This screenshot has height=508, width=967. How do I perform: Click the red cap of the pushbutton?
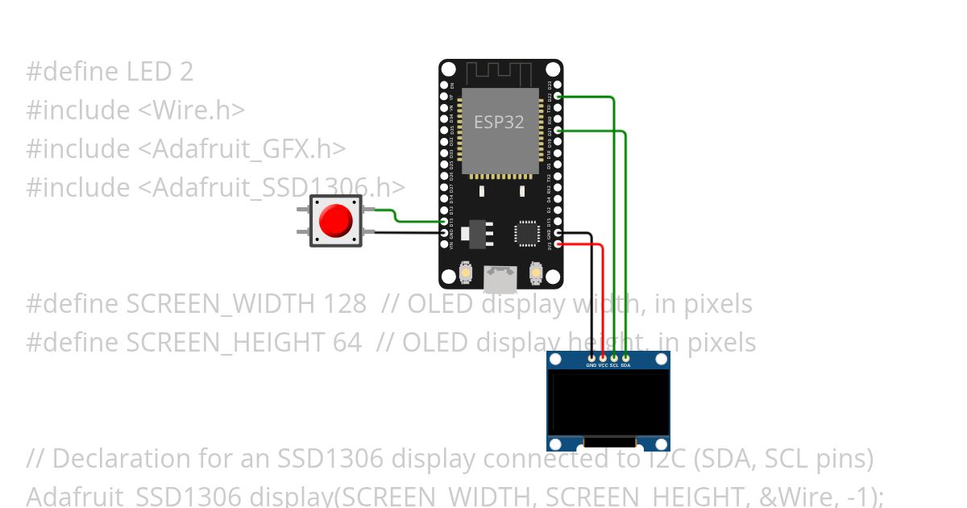point(335,220)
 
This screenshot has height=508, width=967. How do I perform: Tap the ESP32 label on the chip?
point(499,122)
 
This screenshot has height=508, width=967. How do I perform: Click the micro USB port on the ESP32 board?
point(500,279)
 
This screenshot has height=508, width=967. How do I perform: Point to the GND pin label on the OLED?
point(591,365)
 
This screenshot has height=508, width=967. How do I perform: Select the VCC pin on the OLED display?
point(603,357)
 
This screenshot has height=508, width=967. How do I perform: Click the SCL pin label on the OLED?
point(614,365)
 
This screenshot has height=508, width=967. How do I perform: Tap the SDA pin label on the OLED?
point(626,365)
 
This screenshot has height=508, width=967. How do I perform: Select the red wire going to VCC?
point(603,298)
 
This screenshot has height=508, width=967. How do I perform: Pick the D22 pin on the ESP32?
point(558,96)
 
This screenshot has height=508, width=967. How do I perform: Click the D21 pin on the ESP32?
point(558,130)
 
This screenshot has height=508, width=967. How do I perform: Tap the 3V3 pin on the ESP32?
point(558,244)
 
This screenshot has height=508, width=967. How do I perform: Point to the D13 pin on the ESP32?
point(444,222)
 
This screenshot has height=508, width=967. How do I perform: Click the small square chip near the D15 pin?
point(527,233)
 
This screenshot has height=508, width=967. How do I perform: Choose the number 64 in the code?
point(347,343)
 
